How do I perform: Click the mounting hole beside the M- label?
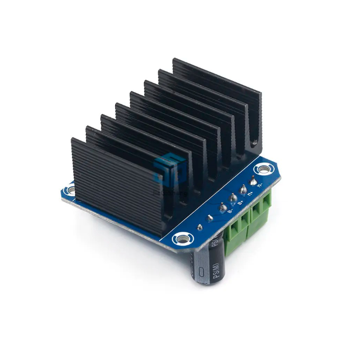pos(262,169)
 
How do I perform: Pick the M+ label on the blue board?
pos(251,193)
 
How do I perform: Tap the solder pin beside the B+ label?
pos(233,197)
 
